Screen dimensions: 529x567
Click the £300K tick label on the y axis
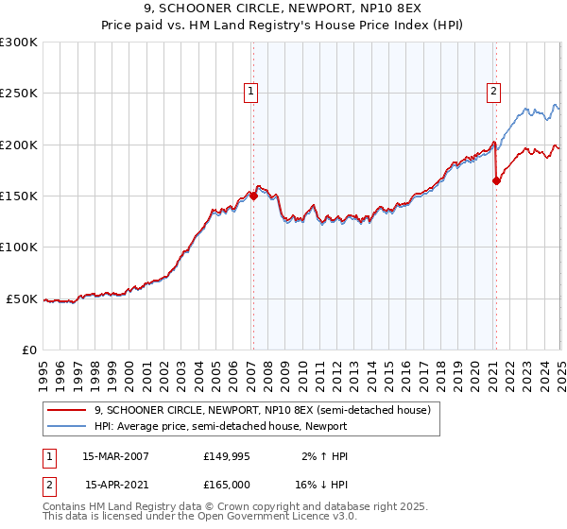click(19, 43)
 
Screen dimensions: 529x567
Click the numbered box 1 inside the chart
click(251, 92)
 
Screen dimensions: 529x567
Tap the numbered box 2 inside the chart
click(494, 92)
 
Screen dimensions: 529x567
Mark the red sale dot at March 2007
click(253, 196)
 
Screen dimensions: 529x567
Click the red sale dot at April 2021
click(496, 180)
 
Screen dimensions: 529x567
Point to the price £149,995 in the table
click(224, 456)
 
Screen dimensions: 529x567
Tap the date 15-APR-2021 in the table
click(116, 484)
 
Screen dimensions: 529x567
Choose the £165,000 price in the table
click(224, 484)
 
